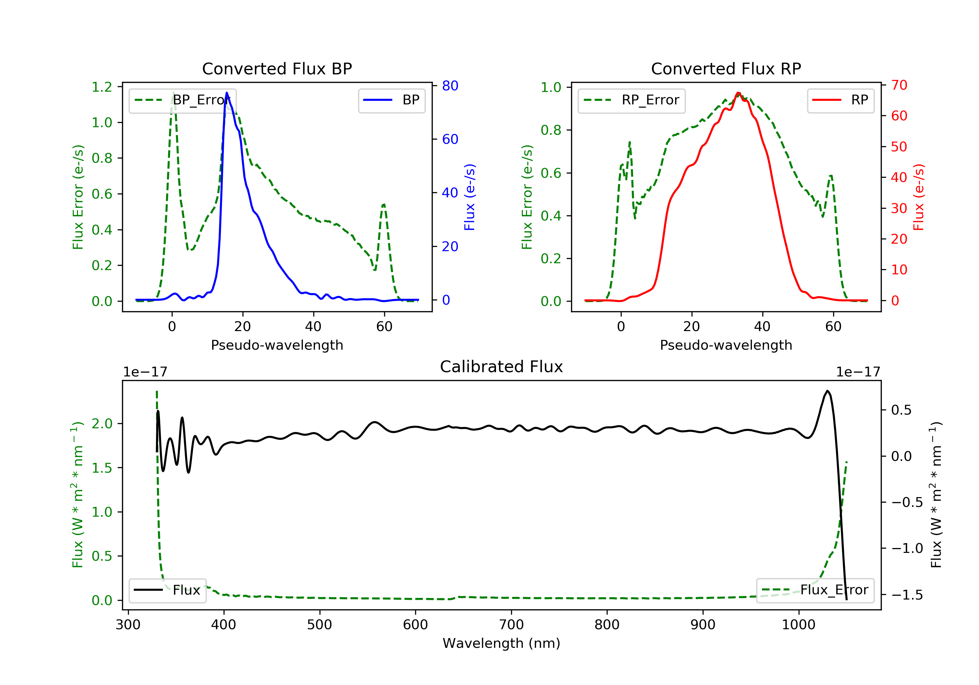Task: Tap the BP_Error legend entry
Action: click(182, 100)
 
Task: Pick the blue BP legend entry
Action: click(391, 100)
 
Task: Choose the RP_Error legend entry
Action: click(631, 100)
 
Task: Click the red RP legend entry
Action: click(840, 100)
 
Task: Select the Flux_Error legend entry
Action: click(815, 590)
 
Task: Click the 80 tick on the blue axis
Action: click(450, 86)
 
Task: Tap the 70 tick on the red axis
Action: click(899, 85)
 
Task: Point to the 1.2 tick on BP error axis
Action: click(102, 87)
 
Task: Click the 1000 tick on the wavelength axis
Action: click(798, 625)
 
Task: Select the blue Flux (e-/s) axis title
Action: click(470, 197)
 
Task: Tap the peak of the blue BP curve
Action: click(227, 93)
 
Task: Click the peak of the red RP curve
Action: click(738, 93)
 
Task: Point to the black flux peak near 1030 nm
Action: click(827, 391)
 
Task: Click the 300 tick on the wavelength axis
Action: click(128, 625)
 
